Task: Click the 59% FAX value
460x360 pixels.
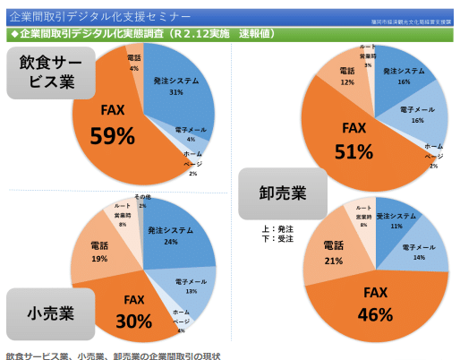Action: [113, 135]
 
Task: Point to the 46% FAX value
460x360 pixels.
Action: [376, 314]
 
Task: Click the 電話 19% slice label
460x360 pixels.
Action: [99, 253]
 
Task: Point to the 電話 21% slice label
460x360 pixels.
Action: [333, 255]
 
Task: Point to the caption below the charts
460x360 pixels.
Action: [111, 354]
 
